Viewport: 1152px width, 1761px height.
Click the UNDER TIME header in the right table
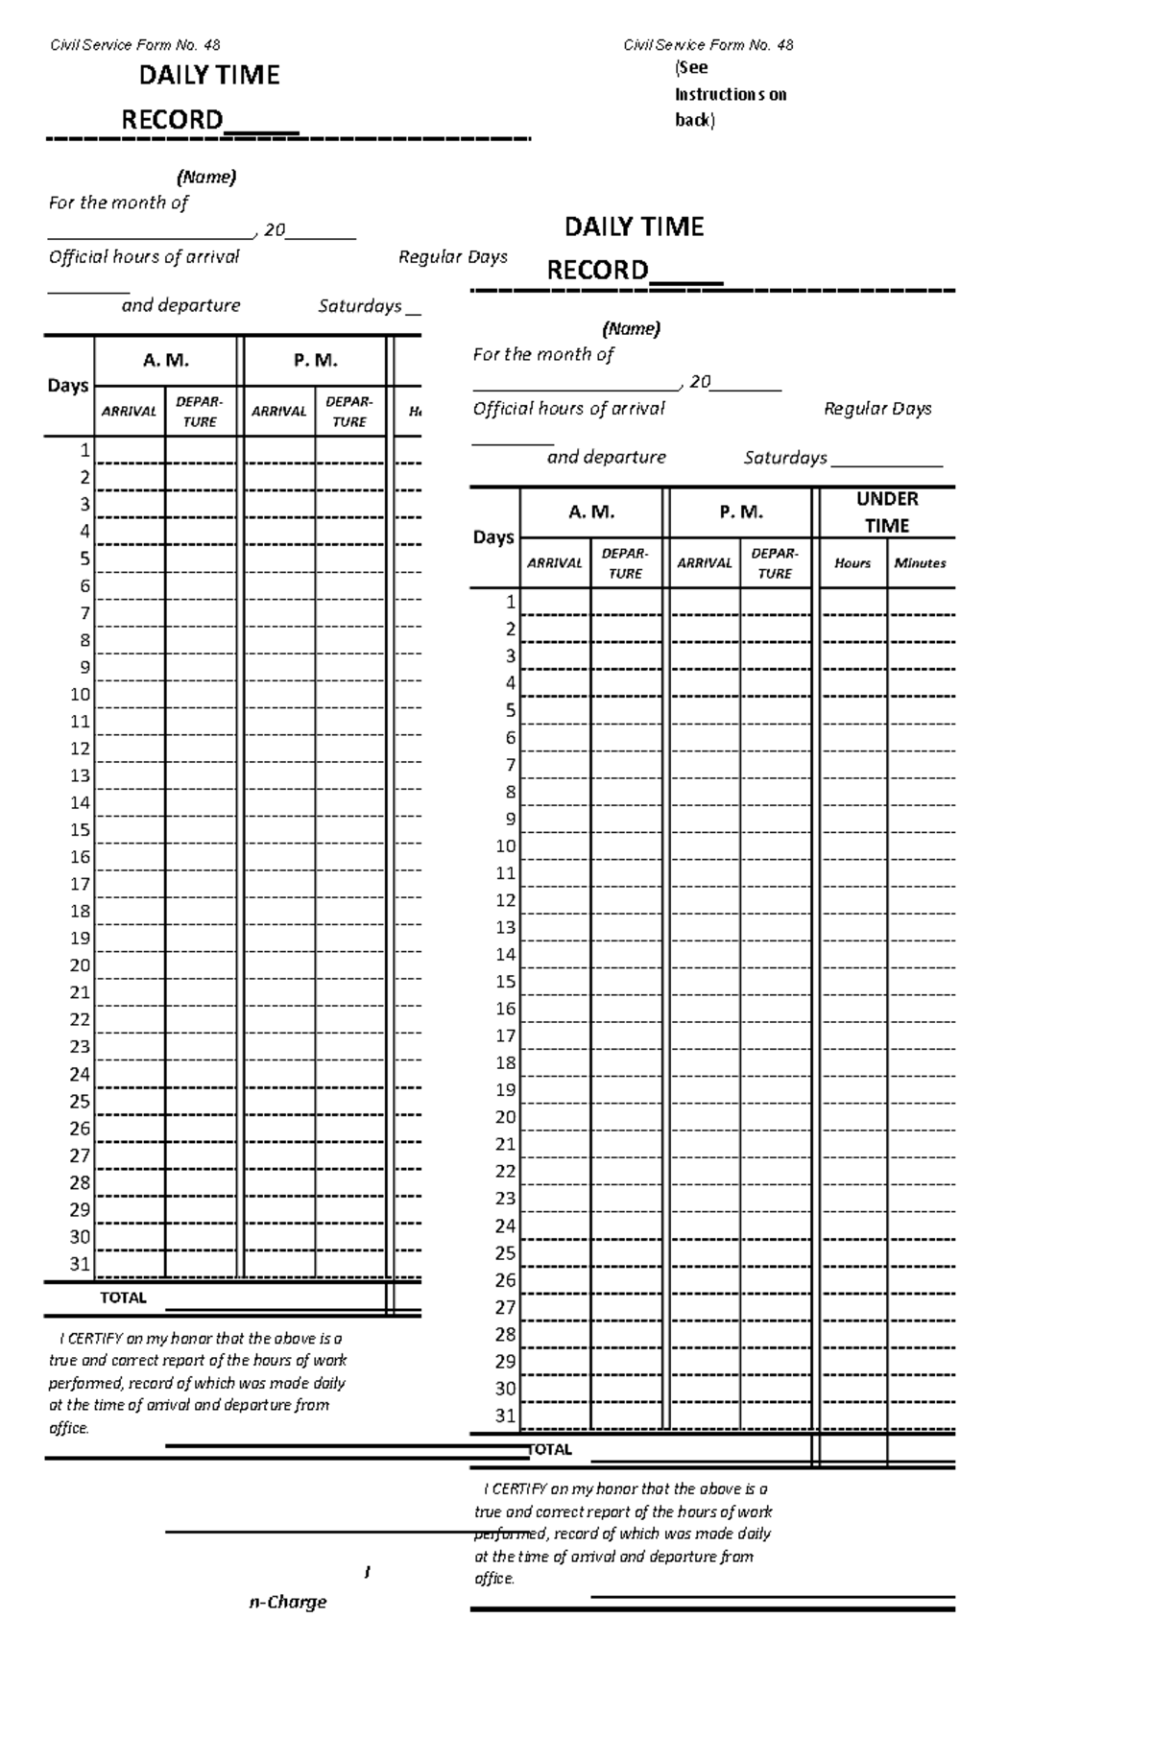tap(887, 512)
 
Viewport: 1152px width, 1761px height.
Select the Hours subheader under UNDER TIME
tap(852, 563)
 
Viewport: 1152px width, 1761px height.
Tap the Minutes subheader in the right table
tap(920, 563)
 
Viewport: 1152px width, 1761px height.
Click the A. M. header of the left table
tap(166, 361)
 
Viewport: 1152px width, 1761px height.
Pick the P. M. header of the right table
tap(741, 512)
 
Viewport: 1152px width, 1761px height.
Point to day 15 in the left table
tap(81, 830)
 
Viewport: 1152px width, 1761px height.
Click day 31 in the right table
tap(505, 1416)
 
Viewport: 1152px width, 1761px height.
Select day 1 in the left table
tap(85, 450)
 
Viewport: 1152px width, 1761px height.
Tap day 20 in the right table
tap(505, 1117)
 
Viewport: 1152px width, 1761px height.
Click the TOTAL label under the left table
tap(123, 1297)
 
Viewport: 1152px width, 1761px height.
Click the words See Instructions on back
tap(730, 94)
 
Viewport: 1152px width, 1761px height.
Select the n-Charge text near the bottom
tap(288, 1602)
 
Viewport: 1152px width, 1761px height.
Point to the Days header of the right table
tap(493, 537)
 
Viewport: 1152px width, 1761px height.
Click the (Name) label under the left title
tap(205, 177)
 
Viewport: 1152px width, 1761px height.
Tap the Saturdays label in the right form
tap(785, 458)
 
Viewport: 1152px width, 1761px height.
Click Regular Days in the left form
tap(452, 257)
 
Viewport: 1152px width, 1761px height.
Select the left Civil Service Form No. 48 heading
tap(134, 45)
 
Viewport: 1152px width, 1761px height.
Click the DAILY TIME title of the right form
tap(634, 227)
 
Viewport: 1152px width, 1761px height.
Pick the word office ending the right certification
tap(494, 1579)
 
